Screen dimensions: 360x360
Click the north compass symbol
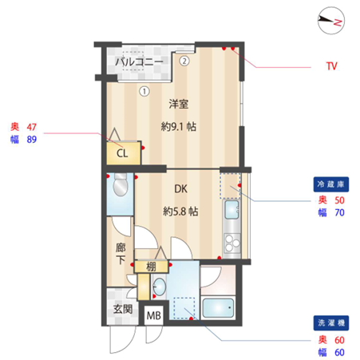coord(331,21)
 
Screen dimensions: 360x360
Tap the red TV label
coord(332,66)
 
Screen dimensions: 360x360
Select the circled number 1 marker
coord(144,91)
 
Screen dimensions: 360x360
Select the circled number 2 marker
coord(184,61)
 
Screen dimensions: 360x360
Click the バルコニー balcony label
coord(139,62)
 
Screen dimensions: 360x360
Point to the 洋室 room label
coord(179,104)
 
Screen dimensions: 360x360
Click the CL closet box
coord(124,153)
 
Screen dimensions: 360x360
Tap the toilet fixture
coord(121,184)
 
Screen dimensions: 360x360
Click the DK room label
coord(180,189)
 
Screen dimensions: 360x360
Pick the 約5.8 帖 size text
coord(180,212)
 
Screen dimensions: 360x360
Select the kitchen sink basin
coord(231,209)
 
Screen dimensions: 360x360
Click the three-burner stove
coord(232,243)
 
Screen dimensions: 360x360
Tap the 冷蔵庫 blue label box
coord(331,184)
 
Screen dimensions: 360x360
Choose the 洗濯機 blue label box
coord(331,323)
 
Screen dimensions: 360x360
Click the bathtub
coord(218,308)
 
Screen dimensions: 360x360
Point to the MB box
coord(154,315)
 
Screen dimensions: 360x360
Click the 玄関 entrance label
coord(123,309)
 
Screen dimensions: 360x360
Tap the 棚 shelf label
coord(152,267)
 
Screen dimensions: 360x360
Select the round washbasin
coord(160,287)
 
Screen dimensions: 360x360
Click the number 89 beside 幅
coord(32,140)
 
